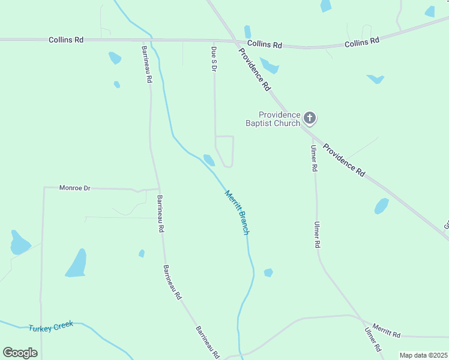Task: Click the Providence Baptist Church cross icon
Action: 310,118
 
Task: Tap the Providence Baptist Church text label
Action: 273,119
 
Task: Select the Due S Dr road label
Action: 214,59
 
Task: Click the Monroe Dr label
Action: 74,188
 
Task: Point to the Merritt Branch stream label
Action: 237,212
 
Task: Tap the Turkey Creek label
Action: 51,326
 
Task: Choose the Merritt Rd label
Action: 386,329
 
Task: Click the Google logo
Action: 20,353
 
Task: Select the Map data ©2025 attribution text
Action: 423,355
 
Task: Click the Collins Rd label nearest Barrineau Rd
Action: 65,40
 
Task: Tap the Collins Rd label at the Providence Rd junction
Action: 264,44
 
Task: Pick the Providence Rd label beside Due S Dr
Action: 255,68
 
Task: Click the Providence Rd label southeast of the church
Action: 344,160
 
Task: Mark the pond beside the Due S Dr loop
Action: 209,160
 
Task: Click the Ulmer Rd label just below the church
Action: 313,158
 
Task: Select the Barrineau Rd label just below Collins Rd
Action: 147,64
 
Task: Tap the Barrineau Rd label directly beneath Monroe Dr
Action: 160,214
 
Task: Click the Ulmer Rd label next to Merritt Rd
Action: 372,340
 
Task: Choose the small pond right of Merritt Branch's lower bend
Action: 268,272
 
